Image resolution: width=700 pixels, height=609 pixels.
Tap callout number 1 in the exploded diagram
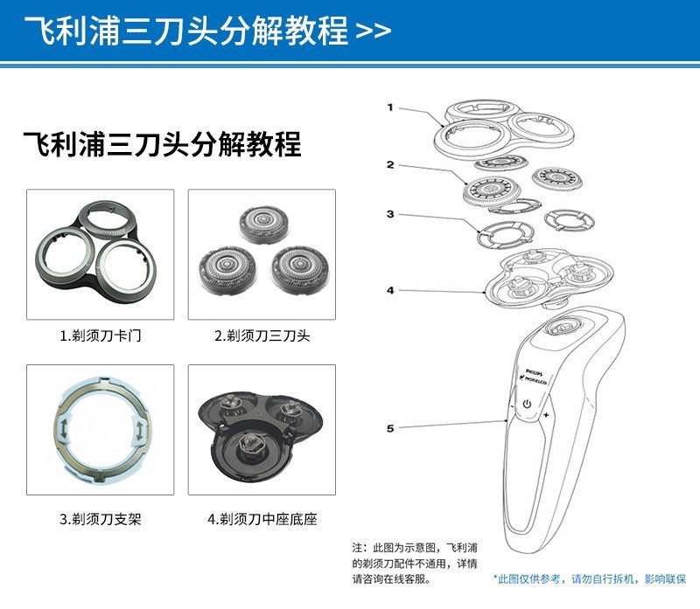(x=390, y=107)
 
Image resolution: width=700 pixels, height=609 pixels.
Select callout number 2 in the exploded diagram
(x=390, y=164)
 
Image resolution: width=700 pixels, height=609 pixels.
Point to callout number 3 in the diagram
(x=390, y=214)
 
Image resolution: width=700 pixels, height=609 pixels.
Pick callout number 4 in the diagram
(x=390, y=290)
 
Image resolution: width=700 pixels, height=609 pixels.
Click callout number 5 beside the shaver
(x=390, y=428)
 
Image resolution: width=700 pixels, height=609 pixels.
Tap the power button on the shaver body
(x=528, y=404)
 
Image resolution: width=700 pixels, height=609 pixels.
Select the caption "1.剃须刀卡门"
(x=100, y=336)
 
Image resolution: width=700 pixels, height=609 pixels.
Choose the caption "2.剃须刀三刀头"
(x=262, y=336)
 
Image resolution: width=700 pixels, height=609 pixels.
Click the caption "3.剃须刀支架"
(x=100, y=519)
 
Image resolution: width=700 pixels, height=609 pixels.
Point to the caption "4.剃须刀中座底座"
(x=262, y=519)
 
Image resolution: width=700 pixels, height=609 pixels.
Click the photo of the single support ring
(x=100, y=428)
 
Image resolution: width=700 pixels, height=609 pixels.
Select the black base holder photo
(x=262, y=429)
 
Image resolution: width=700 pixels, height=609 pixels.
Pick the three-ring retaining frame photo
(x=100, y=253)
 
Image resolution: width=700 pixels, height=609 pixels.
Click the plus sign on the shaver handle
(x=546, y=417)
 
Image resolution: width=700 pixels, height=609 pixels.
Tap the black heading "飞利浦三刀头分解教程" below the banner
(x=161, y=143)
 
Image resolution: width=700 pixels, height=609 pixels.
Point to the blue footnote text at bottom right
(x=590, y=578)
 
